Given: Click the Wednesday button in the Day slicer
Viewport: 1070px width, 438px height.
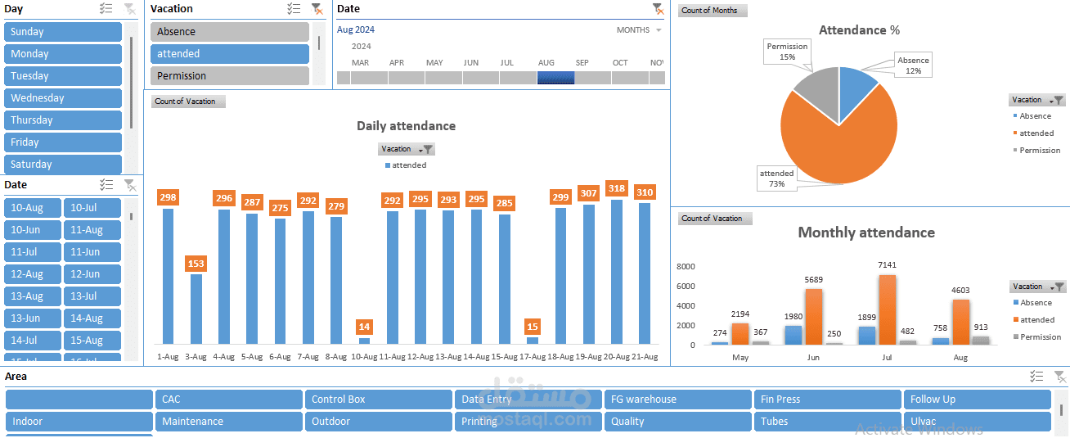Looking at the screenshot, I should pyautogui.click(x=62, y=98).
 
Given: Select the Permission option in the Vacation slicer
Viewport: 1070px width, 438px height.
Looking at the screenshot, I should pyautogui.click(x=229, y=76).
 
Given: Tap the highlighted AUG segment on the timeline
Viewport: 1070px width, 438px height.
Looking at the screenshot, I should pyautogui.click(x=555, y=78).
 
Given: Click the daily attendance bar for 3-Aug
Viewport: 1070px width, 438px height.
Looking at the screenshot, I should pyautogui.click(x=196, y=309).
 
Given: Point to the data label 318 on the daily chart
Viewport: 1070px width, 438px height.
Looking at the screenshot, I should pyautogui.click(x=617, y=188).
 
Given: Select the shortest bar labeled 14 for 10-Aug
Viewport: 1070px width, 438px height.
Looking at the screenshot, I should pyautogui.click(x=364, y=341).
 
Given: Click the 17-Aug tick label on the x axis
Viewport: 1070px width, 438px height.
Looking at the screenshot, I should pyautogui.click(x=533, y=357).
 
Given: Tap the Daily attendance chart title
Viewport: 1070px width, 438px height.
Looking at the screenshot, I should pyautogui.click(x=406, y=126).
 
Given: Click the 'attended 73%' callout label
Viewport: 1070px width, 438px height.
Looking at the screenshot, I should pyautogui.click(x=776, y=178).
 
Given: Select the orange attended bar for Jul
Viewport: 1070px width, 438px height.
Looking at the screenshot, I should pyautogui.click(x=888, y=309).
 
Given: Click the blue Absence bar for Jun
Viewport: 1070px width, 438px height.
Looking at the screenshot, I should pyautogui.click(x=794, y=335).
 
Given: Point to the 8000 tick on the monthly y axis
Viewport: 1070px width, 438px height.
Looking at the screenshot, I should pyautogui.click(x=686, y=266).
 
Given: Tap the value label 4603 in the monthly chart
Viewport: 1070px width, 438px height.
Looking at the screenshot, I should pyautogui.click(x=960, y=291).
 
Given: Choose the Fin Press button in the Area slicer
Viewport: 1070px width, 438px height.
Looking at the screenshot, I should pyautogui.click(x=826, y=400).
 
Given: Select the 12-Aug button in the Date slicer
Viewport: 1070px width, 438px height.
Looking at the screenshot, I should pyautogui.click(x=34, y=274).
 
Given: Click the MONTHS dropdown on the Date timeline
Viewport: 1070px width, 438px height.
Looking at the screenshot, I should pyautogui.click(x=639, y=30).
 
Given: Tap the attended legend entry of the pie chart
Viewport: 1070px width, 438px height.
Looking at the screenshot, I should pyautogui.click(x=1036, y=133).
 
